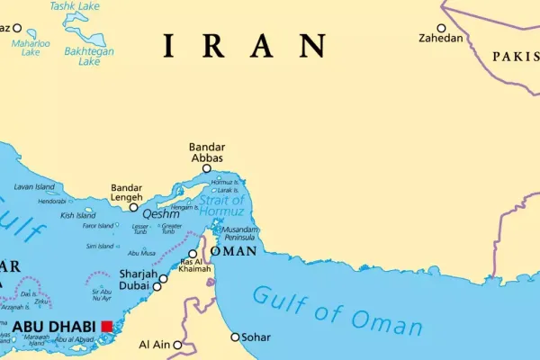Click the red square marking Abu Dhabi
(107, 326)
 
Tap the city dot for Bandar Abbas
(206, 168)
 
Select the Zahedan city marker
(441, 28)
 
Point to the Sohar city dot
(236, 337)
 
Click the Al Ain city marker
(178, 344)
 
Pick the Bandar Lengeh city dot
(133, 207)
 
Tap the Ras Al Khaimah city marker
(193, 254)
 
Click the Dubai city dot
(157, 287)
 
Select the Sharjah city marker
(163, 278)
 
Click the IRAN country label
(244, 46)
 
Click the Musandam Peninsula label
(246, 233)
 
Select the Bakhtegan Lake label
(89, 57)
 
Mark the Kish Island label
(78, 216)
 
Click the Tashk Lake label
(74, 6)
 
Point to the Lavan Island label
(34, 186)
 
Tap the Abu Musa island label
(142, 253)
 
